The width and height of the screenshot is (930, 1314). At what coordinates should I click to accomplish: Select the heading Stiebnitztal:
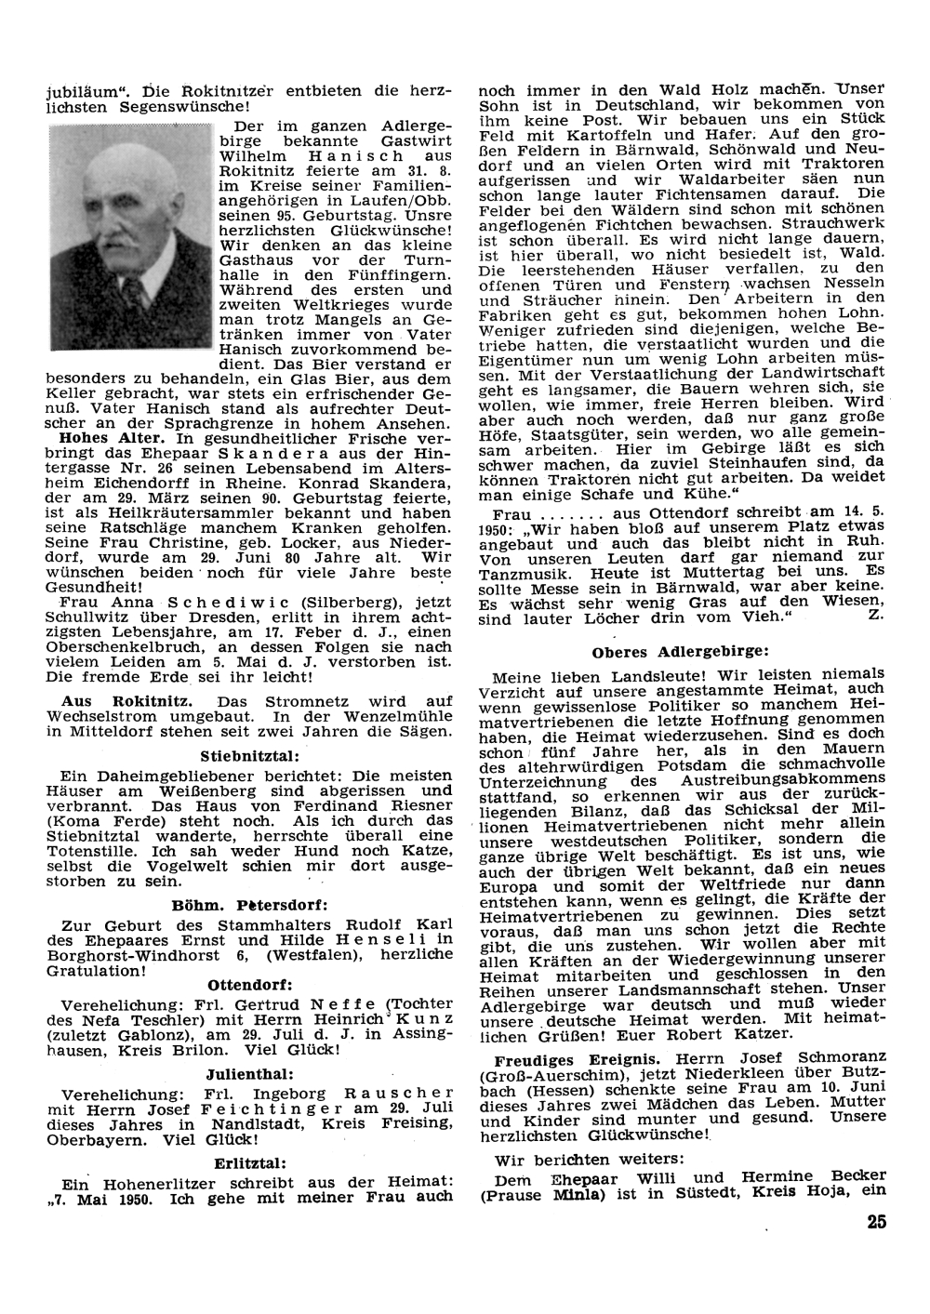point(249,755)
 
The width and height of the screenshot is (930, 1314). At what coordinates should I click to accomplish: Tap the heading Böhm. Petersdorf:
point(250,904)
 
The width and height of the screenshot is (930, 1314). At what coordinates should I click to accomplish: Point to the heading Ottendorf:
point(250,984)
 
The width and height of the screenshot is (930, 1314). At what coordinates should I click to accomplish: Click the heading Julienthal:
point(249,1073)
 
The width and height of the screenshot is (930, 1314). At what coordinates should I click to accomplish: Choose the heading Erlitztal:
point(249,1161)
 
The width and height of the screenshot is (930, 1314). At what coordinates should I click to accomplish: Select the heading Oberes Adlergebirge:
point(681,651)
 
